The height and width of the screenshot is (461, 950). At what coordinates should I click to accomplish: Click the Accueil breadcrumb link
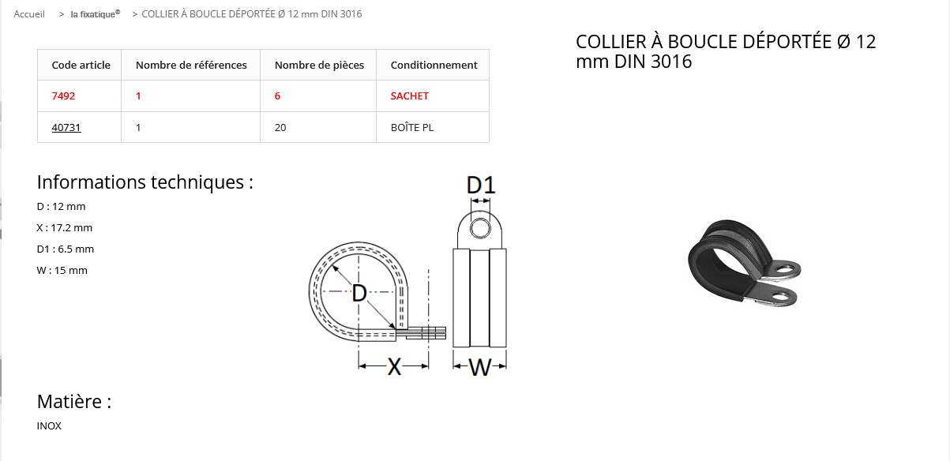click(29, 14)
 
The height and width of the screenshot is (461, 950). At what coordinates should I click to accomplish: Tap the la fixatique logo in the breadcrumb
click(96, 14)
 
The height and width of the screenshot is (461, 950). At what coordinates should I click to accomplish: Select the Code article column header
click(81, 65)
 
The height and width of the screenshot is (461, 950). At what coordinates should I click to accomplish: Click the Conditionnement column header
click(434, 65)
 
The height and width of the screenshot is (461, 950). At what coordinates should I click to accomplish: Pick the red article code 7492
click(63, 96)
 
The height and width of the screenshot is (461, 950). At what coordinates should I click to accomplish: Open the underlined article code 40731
click(66, 127)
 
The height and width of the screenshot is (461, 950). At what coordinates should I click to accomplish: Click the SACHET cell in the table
click(409, 96)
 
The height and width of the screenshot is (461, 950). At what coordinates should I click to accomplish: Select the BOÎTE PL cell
click(411, 127)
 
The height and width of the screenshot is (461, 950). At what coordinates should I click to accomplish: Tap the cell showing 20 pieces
click(280, 127)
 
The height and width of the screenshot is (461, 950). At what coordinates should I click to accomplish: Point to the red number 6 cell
click(277, 96)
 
